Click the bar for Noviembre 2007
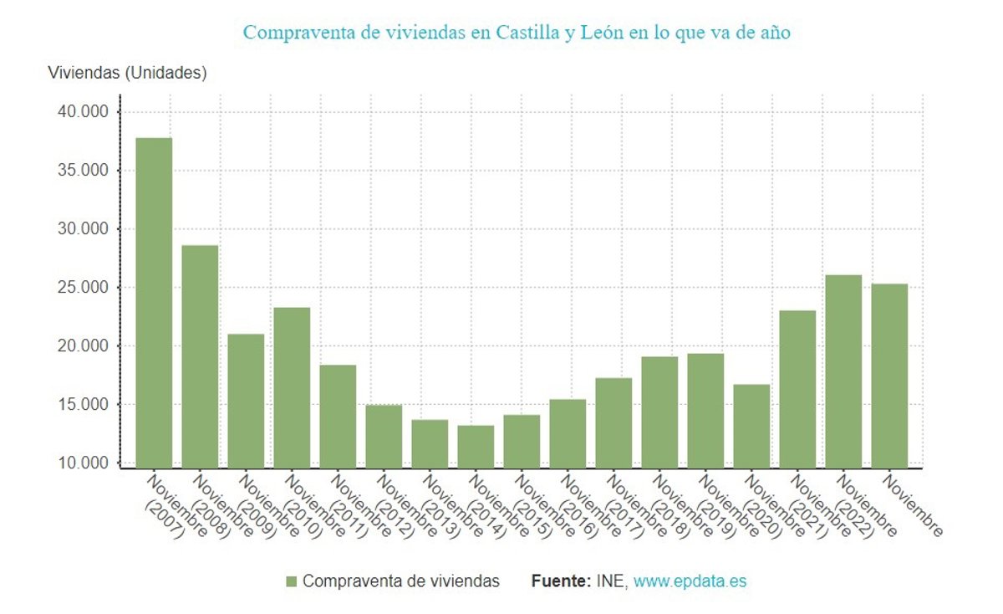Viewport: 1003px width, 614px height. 154,302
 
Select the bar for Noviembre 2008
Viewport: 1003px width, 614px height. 200,356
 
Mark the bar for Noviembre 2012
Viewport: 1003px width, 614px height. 384,436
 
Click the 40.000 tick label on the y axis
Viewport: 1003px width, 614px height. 84,112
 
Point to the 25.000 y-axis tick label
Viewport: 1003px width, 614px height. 84,288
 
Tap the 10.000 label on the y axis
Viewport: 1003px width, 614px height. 84,463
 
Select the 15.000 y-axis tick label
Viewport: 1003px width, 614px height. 84,405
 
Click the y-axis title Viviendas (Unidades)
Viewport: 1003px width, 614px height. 127,73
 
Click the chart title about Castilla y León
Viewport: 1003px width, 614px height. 517,33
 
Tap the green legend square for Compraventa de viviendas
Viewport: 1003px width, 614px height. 292,581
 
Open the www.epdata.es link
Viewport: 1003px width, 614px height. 690,581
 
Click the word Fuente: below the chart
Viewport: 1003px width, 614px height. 561,581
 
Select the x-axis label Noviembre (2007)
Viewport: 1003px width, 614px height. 165,505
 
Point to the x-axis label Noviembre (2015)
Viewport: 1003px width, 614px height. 533,505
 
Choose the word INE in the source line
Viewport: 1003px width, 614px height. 611,581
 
